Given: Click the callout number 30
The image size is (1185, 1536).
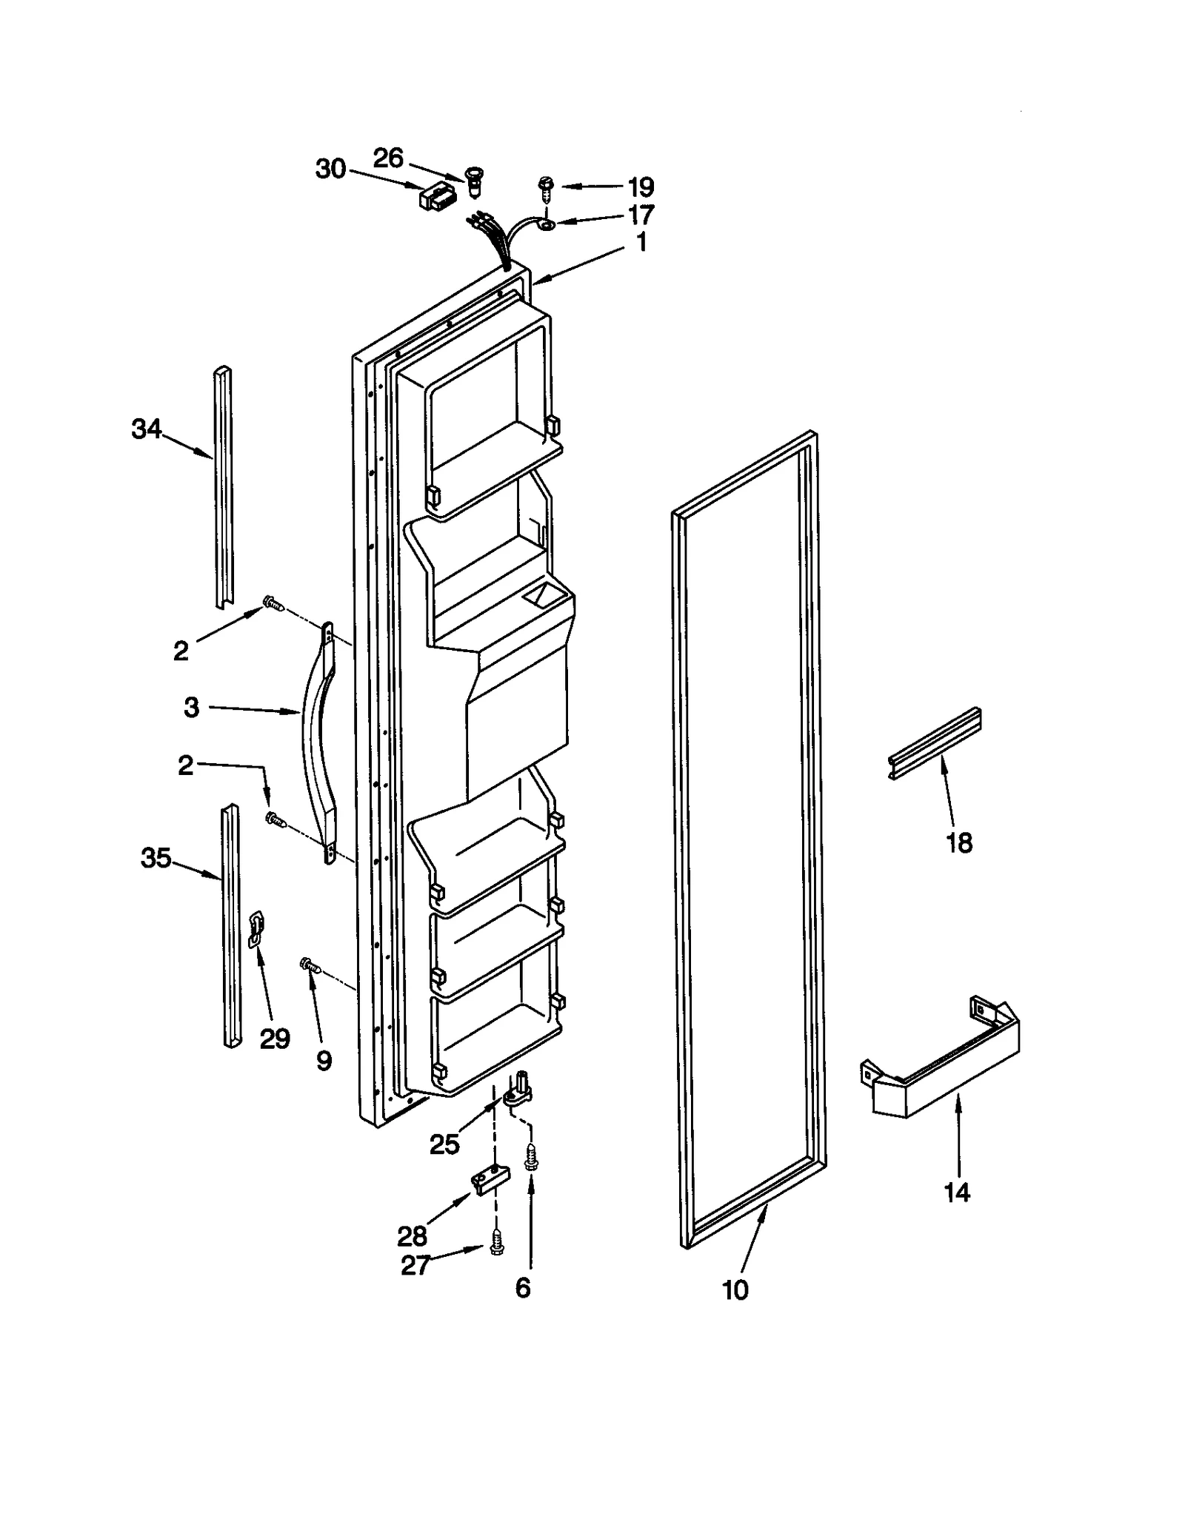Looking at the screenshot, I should point(330,170).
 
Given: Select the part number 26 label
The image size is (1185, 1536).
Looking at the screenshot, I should point(387,158).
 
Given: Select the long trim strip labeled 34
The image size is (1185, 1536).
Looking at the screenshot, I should point(221,489).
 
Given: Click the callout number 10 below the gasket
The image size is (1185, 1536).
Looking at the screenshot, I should point(735,1289).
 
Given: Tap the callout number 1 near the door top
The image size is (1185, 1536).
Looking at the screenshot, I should point(641,242).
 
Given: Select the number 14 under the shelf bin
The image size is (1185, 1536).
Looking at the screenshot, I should point(956,1192).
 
